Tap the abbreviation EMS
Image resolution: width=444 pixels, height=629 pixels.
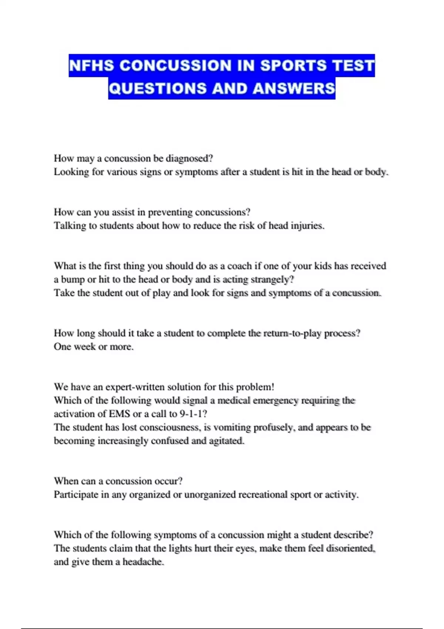tap(119, 414)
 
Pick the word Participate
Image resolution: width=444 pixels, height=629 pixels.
tap(76, 495)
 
